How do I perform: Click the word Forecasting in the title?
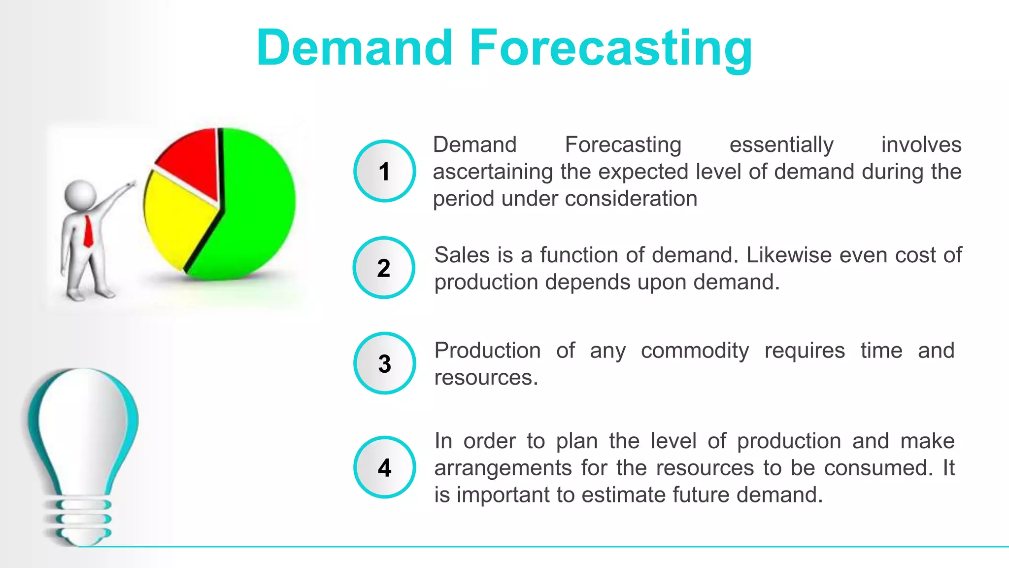[x=611, y=48]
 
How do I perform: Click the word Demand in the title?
[x=354, y=48]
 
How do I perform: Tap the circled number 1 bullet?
[x=384, y=171]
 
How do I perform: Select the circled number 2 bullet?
[x=384, y=268]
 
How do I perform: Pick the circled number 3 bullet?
[x=384, y=363]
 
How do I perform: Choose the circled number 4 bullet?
[x=384, y=467]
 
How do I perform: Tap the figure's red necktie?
[x=88, y=232]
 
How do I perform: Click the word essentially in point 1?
[x=781, y=145]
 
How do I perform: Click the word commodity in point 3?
[x=695, y=351]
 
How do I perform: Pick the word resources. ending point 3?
[x=486, y=378]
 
